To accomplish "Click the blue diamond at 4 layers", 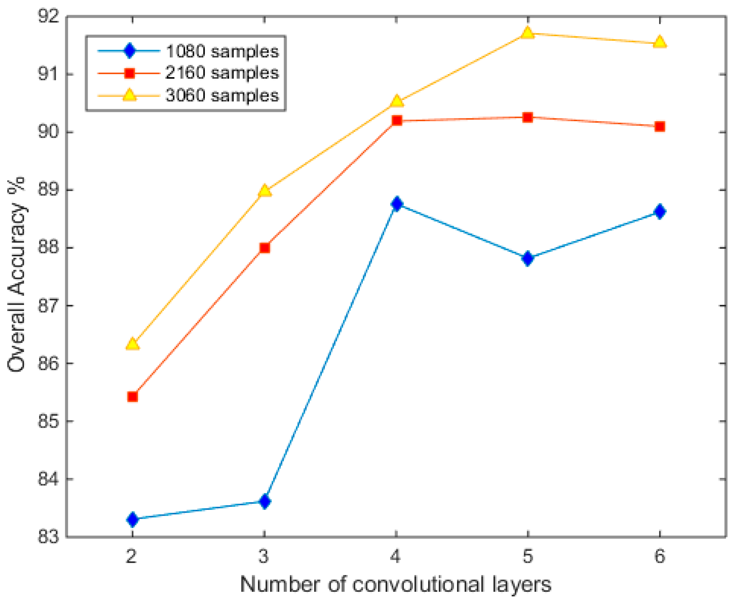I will [x=396, y=203].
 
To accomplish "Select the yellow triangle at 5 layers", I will [x=527, y=32].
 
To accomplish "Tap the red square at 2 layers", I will [x=133, y=396].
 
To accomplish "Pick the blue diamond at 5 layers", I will [x=527, y=258].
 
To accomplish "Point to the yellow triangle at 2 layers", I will [x=133, y=344].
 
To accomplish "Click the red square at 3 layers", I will [x=264, y=247].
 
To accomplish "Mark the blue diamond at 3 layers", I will [x=264, y=501].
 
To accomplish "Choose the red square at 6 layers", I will [x=660, y=126].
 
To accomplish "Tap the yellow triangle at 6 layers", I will [x=660, y=42].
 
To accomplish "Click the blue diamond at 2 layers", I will [x=133, y=519].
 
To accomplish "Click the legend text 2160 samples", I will [x=222, y=73].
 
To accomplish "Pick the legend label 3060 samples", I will [x=222, y=95].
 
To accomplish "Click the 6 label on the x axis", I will [x=660, y=556].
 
